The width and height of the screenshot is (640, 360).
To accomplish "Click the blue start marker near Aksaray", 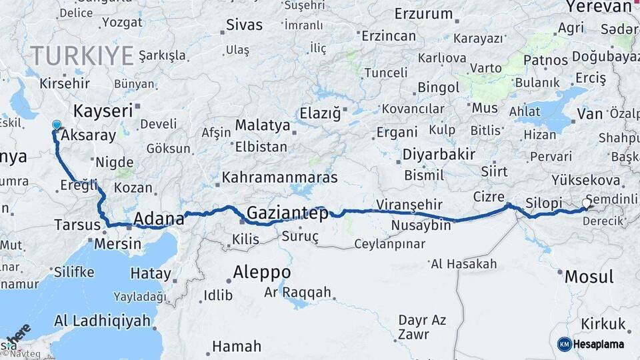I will click(56, 125).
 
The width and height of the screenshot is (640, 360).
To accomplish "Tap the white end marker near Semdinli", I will click(587, 203).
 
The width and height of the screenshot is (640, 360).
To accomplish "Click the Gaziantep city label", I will click(287, 213).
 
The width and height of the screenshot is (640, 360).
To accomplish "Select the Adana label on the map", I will click(159, 219).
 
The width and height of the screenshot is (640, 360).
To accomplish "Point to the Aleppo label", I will click(262, 272).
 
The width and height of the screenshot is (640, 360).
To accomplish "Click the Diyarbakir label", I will click(439, 155).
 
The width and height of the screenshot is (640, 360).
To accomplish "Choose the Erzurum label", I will click(423, 13).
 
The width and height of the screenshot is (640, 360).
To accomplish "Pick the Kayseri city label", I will click(103, 111).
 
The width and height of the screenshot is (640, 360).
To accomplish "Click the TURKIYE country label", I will click(81, 55).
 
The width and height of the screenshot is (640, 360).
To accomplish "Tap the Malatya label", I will click(263, 125).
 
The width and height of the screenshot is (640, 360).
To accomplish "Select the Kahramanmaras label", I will click(280, 178).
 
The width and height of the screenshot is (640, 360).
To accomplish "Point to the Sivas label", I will click(245, 25).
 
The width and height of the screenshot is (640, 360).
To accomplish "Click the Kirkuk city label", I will click(602, 325).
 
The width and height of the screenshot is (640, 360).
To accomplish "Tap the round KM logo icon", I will click(565, 344).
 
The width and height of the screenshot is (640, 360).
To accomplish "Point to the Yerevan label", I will click(598, 7).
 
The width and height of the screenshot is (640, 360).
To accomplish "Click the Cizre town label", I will click(489, 196).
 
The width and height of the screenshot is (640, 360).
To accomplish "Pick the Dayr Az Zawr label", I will click(422, 327).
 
